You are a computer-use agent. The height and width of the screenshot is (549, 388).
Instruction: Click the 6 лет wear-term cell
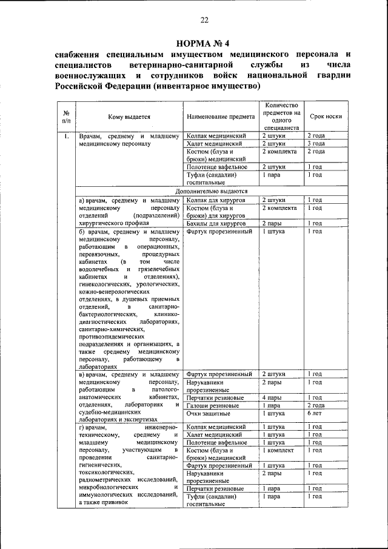pyautogui.click(x=314, y=413)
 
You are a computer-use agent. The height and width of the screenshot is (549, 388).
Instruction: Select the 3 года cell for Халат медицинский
pyautogui.click(x=315, y=144)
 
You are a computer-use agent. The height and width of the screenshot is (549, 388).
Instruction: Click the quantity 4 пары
pyautogui.click(x=273, y=397)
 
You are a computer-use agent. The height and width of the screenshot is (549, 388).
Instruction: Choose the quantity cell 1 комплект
pyautogui.click(x=278, y=451)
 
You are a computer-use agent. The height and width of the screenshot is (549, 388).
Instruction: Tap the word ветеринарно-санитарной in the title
pyautogui.click(x=182, y=64)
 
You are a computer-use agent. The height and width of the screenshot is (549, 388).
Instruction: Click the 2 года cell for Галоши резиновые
pyautogui.click(x=315, y=405)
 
